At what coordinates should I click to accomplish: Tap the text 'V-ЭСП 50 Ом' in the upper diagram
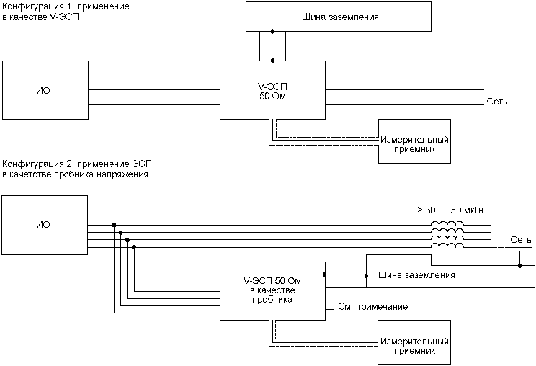(272, 91)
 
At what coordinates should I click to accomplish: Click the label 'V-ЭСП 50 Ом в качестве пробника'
(272, 290)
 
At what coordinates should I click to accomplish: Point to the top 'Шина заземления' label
(340, 17)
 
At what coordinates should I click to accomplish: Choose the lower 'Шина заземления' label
(416, 275)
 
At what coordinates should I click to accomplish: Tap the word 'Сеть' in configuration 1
(497, 102)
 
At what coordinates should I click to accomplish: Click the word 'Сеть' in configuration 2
(521, 240)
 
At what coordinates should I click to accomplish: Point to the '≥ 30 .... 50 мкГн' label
(450, 210)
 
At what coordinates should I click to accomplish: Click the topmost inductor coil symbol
(447, 223)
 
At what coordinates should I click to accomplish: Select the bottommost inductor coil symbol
(447, 246)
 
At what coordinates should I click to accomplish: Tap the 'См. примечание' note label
(373, 306)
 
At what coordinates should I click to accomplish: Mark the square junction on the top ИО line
(114, 225)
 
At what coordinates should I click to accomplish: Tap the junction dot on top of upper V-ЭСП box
(272, 61)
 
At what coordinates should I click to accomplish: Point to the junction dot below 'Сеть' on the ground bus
(519, 266)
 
